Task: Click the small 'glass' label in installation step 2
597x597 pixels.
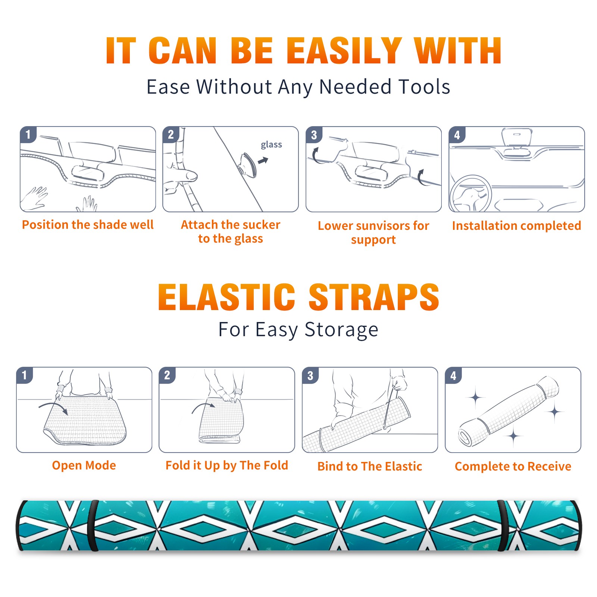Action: click(271, 145)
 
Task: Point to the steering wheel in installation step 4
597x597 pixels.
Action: click(471, 194)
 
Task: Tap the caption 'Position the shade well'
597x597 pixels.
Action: click(88, 225)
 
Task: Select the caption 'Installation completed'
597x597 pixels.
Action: click(516, 226)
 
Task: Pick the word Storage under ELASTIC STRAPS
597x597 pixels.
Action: click(341, 330)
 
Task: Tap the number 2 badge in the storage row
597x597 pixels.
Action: click(167, 375)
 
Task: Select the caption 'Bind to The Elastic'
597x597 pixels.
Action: click(370, 466)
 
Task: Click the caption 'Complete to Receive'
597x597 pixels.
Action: click(513, 466)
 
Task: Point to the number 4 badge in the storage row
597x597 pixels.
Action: click(453, 375)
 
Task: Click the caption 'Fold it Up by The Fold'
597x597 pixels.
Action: click(227, 466)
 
